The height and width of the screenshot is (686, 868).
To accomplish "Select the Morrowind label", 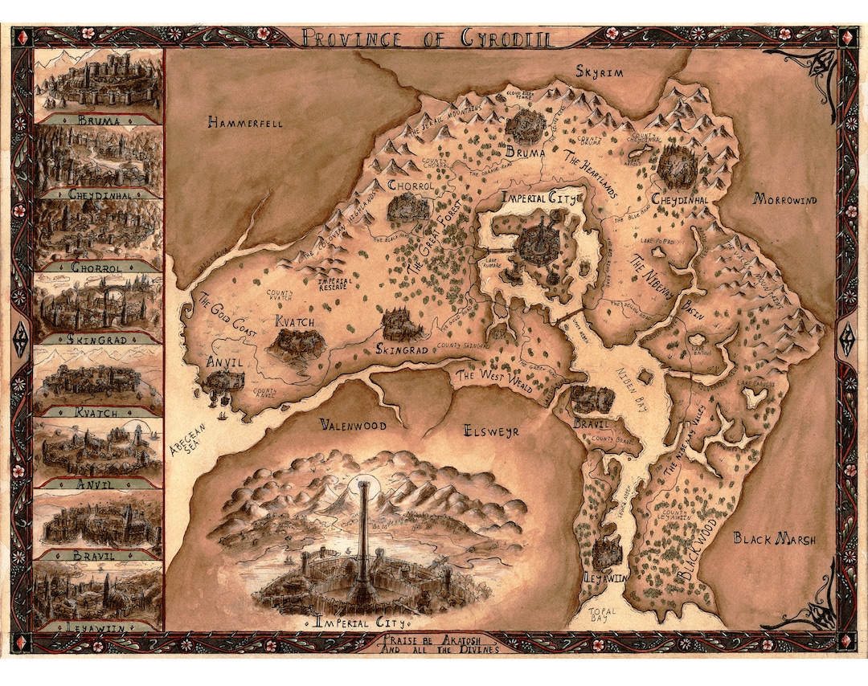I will (x=783, y=199).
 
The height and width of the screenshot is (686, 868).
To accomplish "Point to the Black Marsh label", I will (x=775, y=539).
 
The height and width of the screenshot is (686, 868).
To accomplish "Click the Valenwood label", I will (x=352, y=425).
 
